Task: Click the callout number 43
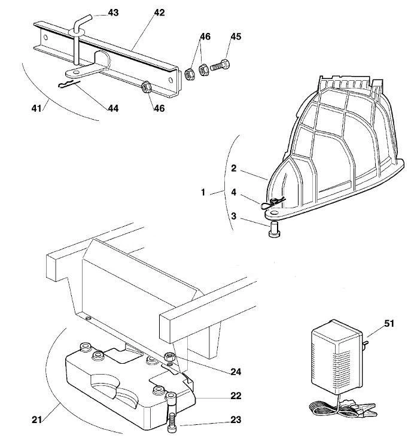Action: (x=113, y=13)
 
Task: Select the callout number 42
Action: (x=159, y=13)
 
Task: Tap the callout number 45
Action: (x=236, y=37)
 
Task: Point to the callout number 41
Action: (x=36, y=108)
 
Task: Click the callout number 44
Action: (x=113, y=108)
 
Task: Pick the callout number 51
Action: (x=389, y=324)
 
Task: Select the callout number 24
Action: (x=236, y=372)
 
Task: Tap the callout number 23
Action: (x=236, y=419)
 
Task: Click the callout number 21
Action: (x=36, y=420)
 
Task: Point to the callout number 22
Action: (x=236, y=396)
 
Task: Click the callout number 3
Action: (x=234, y=216)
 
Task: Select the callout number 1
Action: (x=203, y=192)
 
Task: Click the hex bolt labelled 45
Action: (x=220, y=65)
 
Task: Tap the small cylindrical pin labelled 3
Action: (x=273, y=230)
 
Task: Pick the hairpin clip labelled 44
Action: (x=69, y=84)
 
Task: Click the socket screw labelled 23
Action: (x=171, y=413)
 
